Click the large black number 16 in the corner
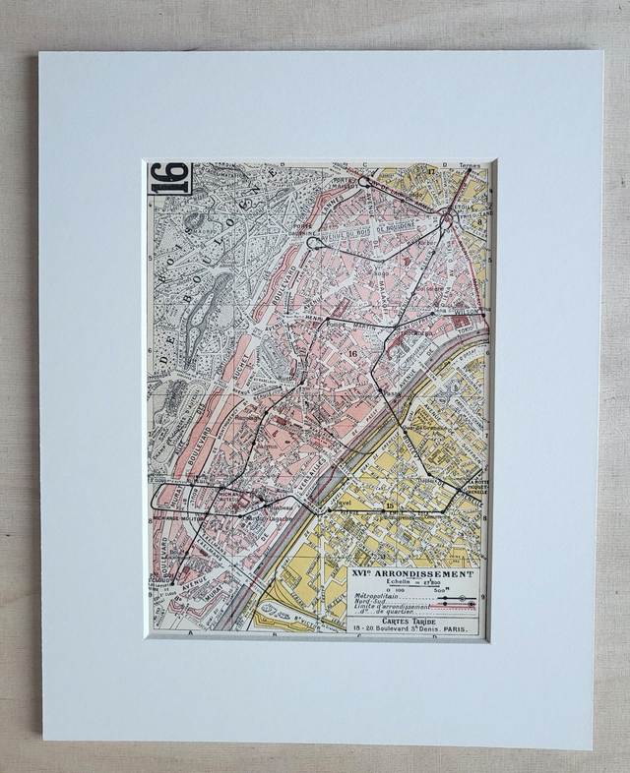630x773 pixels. (x=169, y=178)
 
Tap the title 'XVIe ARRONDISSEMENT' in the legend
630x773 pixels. (x=413, y=573)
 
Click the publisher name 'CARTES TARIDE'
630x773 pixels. (x=412, y=624)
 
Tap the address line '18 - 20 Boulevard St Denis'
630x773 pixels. (x=413, y=631)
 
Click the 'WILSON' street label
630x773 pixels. (x=467, y=312)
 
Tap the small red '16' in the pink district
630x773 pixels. (x=351, y=353)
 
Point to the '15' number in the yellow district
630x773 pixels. (x=390, y=505)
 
